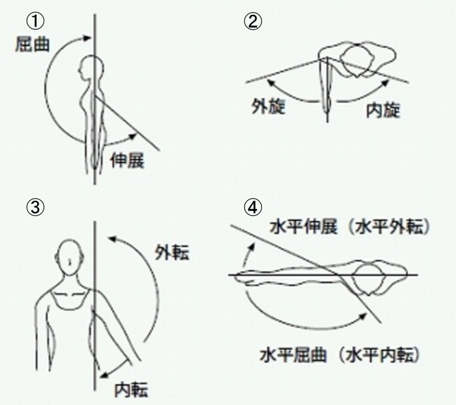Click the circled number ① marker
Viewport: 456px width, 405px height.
tap(36, 21)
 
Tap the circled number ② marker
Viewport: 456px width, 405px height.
tap(252, 21)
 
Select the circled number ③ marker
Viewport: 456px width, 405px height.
tap(36, 207)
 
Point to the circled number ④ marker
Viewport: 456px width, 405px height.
tap(252, 207)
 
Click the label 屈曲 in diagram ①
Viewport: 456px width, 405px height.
tap(32, 44)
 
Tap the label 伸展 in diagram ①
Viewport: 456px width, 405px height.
tap(127, 160)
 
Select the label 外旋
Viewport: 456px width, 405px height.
tap(268, 107)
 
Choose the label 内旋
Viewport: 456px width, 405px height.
tap(383, 110)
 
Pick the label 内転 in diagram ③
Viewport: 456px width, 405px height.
tap(131, 389)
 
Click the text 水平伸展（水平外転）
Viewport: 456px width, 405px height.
tap(350, 227)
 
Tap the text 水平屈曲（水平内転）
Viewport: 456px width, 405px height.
tap(340, 355)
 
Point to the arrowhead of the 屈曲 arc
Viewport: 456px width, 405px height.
tap(88, 38)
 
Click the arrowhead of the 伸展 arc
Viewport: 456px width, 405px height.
tap(133, 136)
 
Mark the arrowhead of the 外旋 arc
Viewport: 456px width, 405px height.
tap(271, 83)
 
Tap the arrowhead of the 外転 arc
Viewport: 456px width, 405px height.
tap(112, 240)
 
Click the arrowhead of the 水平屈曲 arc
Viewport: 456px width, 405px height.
tap(363, 316)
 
